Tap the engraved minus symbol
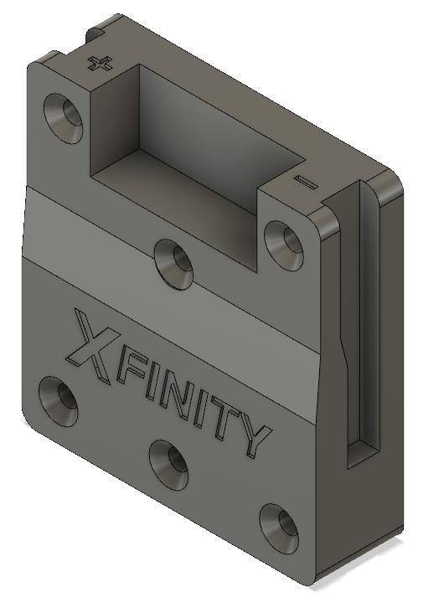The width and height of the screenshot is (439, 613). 305,181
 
